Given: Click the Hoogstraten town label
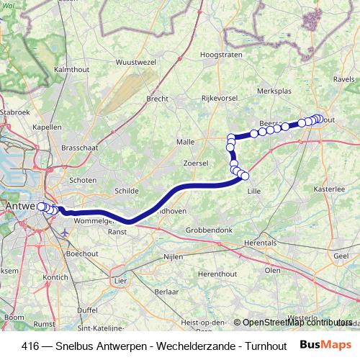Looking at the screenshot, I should pyautogui.click(x=219, y=54).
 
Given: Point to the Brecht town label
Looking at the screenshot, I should pyautogui.click(x=157, y=99).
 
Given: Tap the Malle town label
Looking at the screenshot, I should pyautogui.click(x=186, y=143).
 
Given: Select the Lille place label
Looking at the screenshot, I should pyautogui.click(x=253, y=191).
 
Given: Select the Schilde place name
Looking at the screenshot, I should pyautogui.click(x=126, y=191).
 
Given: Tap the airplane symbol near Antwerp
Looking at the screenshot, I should pyautogui.click(x=66, y=233).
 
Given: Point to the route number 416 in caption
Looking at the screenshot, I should pyautogui.click(x=30, y=345).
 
